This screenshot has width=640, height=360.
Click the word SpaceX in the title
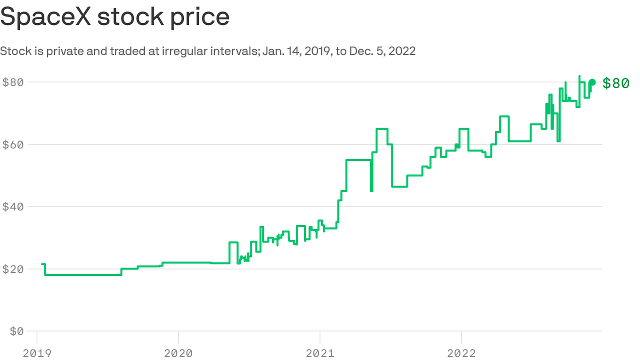[46, 16]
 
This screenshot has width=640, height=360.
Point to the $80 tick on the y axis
[13, 82]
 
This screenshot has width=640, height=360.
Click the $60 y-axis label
[13, 145]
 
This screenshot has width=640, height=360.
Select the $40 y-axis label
[13, 207]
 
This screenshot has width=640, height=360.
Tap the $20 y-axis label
[13, 269]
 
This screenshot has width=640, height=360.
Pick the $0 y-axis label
[17, 331]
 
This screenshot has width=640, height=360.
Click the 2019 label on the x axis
[37, 353]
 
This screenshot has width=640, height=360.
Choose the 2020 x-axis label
[178, 353]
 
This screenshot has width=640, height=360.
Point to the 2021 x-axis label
[320, 353]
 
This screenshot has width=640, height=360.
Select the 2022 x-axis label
[461, 353]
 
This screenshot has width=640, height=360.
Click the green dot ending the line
[592, 82]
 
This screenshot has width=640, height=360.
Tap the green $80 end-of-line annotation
[616, 83]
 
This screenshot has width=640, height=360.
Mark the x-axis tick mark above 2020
[178, 337]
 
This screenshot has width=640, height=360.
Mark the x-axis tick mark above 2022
[461, 337]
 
